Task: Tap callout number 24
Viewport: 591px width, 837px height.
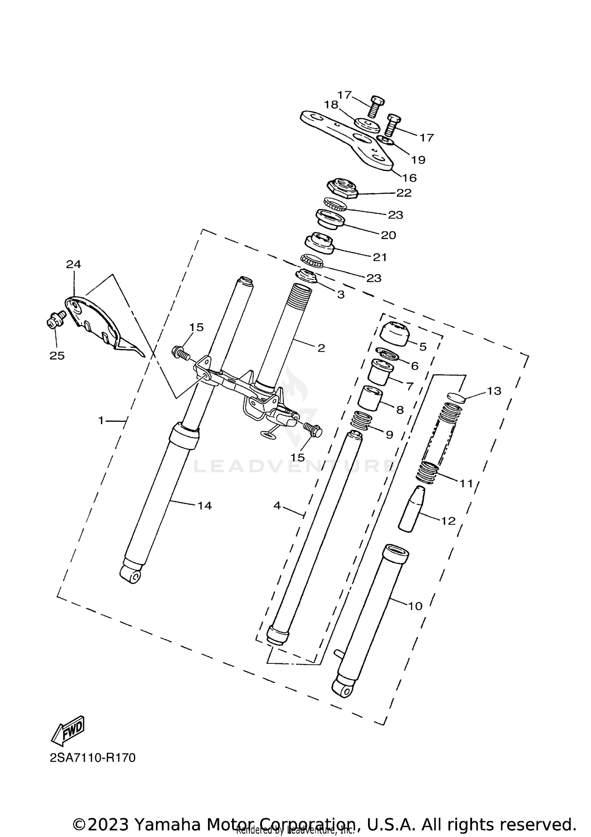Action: coord(73,264)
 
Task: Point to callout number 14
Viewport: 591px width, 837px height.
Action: coord(204,506)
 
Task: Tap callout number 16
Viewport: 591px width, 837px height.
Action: coord(410,178)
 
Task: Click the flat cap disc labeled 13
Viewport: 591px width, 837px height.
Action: coord(457,397)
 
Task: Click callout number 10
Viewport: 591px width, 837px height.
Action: coord(415,606)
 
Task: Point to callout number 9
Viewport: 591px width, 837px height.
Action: coord(389,435)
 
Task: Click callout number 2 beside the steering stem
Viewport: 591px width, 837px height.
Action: coord(321,348)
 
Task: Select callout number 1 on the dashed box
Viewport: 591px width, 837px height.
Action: coord(101,421)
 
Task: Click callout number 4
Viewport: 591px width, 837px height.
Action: coord(277,506)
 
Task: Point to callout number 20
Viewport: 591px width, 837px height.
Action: coord(388,235)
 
